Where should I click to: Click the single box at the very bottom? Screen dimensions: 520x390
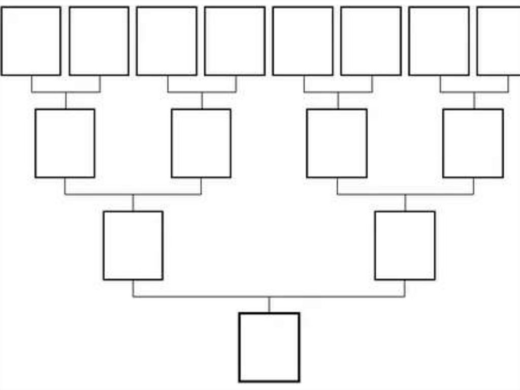269,347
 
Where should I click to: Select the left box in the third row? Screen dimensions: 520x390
133,246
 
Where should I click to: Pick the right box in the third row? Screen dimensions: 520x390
405,246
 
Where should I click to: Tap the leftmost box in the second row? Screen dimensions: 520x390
65,143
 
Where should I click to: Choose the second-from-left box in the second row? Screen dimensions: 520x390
201,143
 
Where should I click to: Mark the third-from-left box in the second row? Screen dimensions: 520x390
337,143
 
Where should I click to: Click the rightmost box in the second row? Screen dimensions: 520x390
473,143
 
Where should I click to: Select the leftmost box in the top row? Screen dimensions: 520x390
30,41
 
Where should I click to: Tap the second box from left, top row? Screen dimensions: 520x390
99,41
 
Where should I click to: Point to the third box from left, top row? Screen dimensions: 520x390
167,41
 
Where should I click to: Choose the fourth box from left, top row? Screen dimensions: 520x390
235,41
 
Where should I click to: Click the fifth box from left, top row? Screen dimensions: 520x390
303,41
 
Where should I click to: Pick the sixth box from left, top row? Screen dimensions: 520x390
371,41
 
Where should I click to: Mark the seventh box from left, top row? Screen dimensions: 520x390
439,41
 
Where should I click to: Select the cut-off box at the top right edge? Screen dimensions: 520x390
499,41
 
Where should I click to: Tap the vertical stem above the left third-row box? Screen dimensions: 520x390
133,203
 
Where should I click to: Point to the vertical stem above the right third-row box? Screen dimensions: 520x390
405,203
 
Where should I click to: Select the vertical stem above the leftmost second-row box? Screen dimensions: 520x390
66,101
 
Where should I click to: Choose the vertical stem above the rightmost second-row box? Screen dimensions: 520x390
474,101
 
